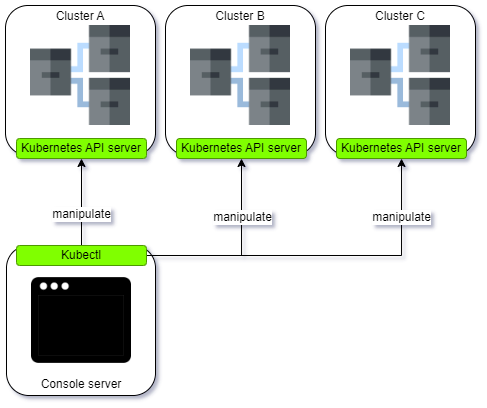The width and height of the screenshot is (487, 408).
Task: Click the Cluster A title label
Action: pyautogui.click(x=81, y=16)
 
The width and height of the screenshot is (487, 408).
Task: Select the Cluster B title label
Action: pyautogui.click(x=241, y=16)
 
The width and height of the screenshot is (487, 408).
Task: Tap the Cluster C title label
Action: pyautogui.click(x=401, y=16)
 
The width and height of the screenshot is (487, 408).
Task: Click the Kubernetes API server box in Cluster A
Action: pyautogui.click(x=81, y=148)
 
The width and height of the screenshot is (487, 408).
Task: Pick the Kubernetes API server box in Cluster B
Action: pyautogui.click(x=241, y=148)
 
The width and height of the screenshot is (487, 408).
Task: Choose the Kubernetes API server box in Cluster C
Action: pyautogui.click(x=401, y=148)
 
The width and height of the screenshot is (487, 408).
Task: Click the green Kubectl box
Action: pyautogui.click(x=81, y=255)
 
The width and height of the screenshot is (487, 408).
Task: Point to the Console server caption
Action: pyautogui.click(x=81, y=384)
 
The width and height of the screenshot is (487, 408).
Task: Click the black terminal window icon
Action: pyautogui.click(x=81, y=320)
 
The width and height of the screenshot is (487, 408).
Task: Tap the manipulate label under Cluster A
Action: pyautogui.click(x=81, y=214)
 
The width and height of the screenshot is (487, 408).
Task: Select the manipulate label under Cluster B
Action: pyautogui.click(x=242, y=216)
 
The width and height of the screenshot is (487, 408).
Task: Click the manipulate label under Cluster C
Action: pyautogui.click(x=401, y=216)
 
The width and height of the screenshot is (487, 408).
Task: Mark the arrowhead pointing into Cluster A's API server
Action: pyautogui.click(x=81, y=163)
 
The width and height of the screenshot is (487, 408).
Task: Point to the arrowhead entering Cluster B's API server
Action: pyautogui.click(x=241, y=163)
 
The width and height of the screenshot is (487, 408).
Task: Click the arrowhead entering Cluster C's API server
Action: pyautogui.click(x=401, y=163)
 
